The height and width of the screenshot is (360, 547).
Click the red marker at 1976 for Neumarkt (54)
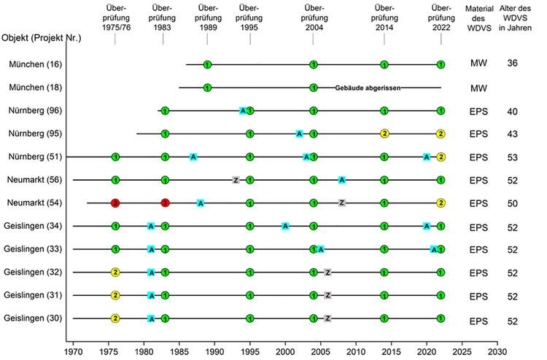tap(115, 203)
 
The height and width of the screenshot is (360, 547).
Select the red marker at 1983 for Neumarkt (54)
tap(165, 203)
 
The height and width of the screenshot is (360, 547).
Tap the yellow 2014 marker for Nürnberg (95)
tap(384, 133)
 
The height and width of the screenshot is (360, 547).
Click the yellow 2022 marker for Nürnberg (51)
tap(441, 157)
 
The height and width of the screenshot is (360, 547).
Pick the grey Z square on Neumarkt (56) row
tap(236, 179)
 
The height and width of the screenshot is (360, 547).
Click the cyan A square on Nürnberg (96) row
tap(243, 111)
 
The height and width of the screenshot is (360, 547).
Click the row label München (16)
tap(35, 65)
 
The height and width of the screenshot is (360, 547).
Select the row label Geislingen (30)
tap(37, 318)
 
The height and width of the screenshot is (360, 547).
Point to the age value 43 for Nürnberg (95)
tap(512, 133)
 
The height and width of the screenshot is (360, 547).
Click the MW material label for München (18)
tap(478, 88)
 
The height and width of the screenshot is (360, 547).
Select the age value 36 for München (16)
tap(512, 64)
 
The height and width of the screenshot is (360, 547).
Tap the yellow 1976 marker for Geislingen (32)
tap(115, 272)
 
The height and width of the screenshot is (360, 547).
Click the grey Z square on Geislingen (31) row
tap(328, 295)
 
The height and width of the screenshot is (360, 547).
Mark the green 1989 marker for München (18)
tap(207, 88)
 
